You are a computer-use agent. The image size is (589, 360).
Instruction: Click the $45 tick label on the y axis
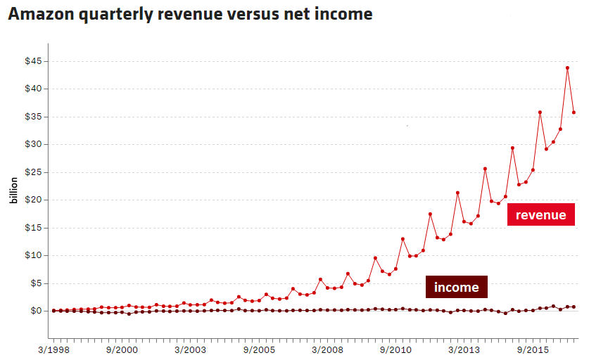pyautogui.click(x=33, y=61)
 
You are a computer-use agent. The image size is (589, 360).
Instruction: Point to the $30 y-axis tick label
pyautogui.click(x=33, y=144)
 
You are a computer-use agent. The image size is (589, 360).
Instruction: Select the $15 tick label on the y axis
pyautogui.click(x=33, y=228)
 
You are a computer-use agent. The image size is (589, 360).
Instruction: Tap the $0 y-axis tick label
pyautogui.click(x=36, y=311)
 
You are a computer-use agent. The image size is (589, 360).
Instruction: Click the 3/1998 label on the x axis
pyautogui.click(x=54, y=349)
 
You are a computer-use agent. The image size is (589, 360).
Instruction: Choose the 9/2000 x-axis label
pyautogui.click(x=122, y=349)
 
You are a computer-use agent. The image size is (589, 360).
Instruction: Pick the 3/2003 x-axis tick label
pyautogui.click(x=191, y=349)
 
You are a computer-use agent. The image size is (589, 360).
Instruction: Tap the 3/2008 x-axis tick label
pyautogui.click(x=328, y=349)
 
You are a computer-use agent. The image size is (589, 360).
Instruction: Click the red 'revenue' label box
pyautogui.click(x=540, y=215)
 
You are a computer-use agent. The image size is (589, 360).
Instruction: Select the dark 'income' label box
pyautogui.click(x=456, y=287)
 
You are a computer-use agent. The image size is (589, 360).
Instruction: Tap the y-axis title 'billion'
pyautogui.click(x=13, y=189)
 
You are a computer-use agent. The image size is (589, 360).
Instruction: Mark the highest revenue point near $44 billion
pyautogui.click(x=567, y=68)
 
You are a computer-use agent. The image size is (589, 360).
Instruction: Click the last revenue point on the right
pyautogui.click(x=574, y=112)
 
